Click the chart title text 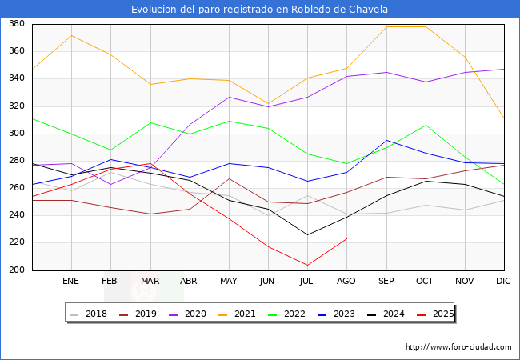[x=260, y=10]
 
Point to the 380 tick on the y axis [x=15, y=24]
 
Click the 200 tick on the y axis [x=15, y=270]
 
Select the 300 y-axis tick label [x=15, y=134]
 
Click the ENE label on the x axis [x=71, y=282]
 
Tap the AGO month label [x=346, y=282]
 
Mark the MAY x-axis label [x=229, y=282]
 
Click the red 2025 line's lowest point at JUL [x=307, y=265]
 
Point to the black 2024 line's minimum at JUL [x=307, y=234]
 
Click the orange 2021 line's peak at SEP [x=386, y=26]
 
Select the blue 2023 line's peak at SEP [x=386, y=141]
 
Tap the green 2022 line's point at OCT [x=426, y=125]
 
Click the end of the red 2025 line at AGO [x=346, y=238]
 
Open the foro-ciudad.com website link [x=458, y=347]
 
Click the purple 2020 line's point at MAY [x=229, y=98]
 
